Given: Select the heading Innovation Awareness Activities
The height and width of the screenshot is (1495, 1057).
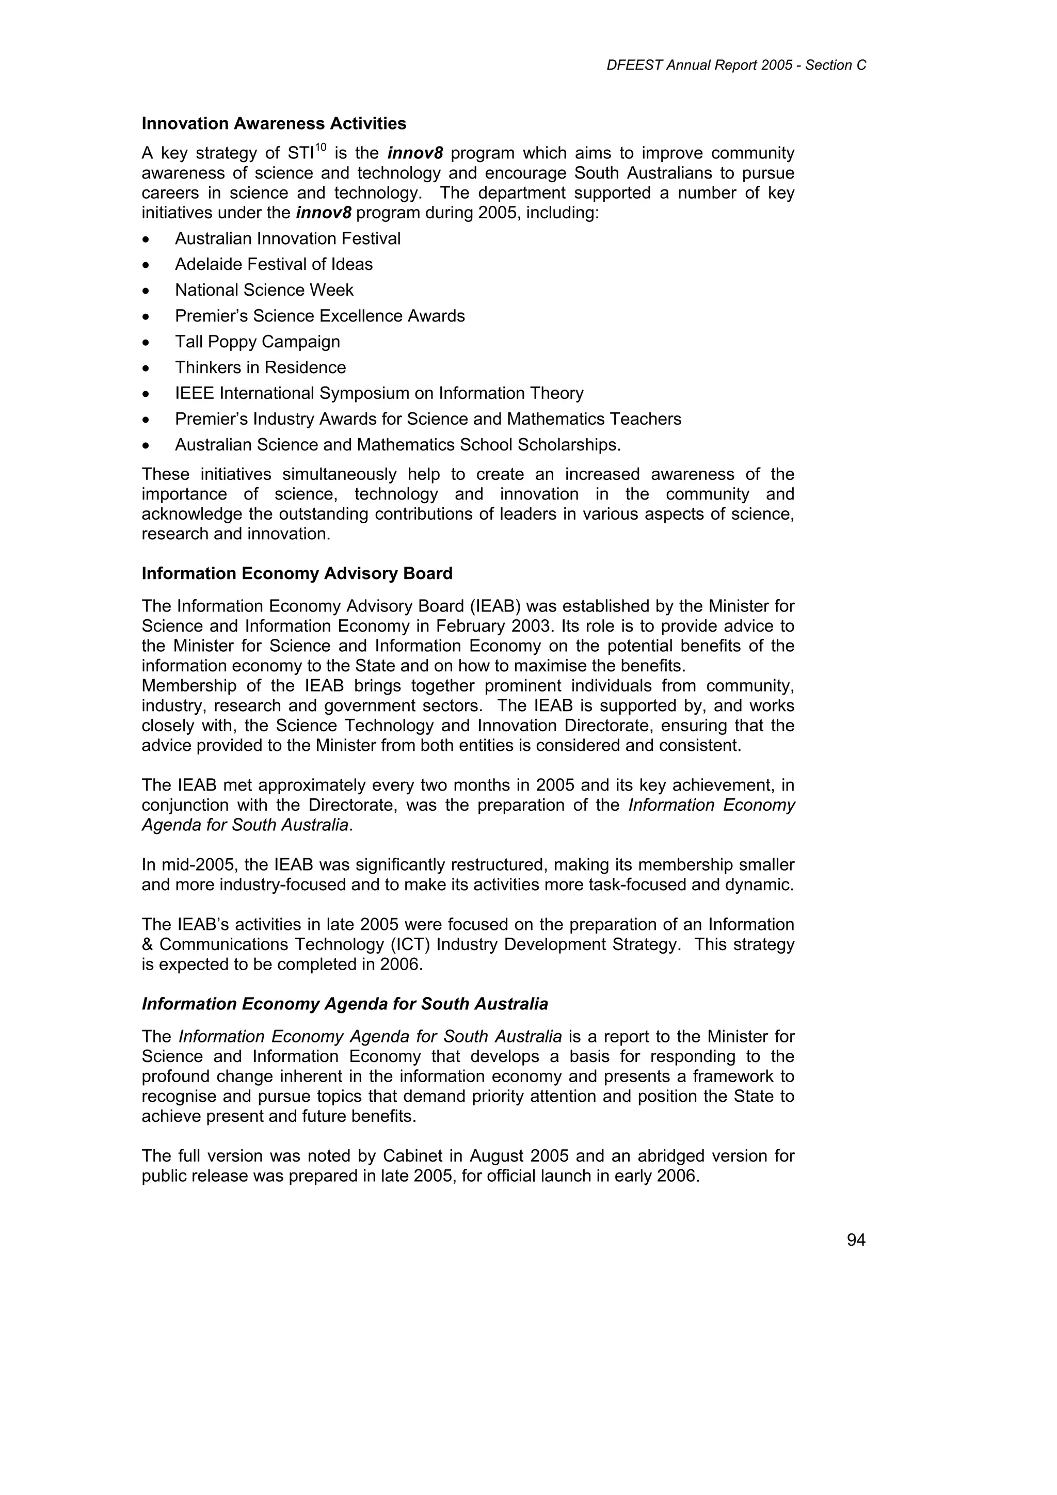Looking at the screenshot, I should click(x=274, y=124).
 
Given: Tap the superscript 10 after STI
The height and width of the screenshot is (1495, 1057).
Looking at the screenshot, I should click(x=320, y=147).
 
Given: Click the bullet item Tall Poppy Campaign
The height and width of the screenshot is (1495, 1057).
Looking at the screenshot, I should click(x=257, y=342).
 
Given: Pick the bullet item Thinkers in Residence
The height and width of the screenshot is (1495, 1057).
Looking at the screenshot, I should click(x=260, y=368).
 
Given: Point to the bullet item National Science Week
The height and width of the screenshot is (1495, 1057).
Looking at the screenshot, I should click(x=264, y=291).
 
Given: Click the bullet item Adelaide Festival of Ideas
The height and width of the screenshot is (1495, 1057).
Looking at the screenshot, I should click(x=274, y=264).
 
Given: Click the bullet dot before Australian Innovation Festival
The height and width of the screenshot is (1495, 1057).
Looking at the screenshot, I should click(x=147, y=239).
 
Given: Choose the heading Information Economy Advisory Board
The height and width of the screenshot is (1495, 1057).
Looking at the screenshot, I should click(x=297, y=574).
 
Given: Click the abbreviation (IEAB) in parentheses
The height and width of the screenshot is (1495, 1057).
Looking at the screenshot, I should click(x=495, y=607).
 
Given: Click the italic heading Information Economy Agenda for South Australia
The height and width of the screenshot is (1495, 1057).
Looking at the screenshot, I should click(x=345, y=1004).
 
